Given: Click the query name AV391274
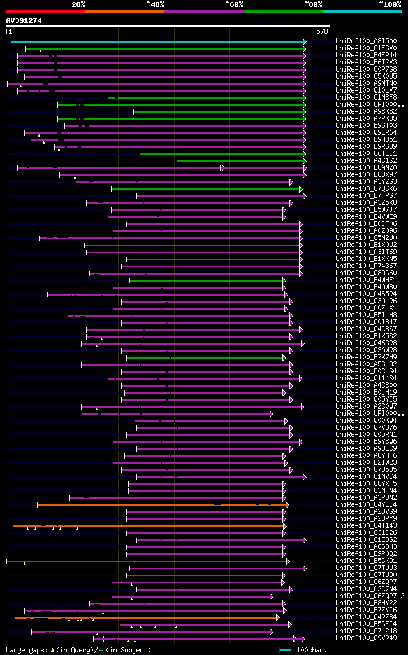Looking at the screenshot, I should pos(24,20).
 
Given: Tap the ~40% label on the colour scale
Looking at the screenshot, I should pos(155,4).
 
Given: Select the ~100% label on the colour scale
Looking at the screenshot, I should pos(390,4).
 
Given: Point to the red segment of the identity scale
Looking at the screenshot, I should pos(45,11).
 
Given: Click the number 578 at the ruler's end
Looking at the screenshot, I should pos(322,31).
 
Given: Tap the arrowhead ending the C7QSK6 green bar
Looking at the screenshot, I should pos(301,189).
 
